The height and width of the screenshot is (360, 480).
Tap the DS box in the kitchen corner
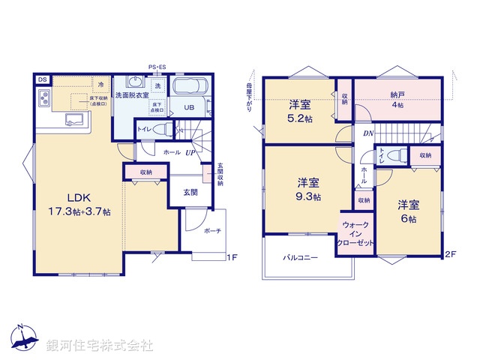click(x=42, y=79)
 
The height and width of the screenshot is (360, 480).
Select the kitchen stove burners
click(x=43, y=97)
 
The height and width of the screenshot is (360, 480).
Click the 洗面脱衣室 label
click(x=132, y=96)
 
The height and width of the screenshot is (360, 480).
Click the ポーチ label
click(x=212, y=231)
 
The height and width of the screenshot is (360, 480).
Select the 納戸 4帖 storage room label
click(x=397, y=100)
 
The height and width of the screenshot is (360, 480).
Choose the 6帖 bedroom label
click(x=409, y=211)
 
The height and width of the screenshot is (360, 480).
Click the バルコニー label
click(x=300, y=258)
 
